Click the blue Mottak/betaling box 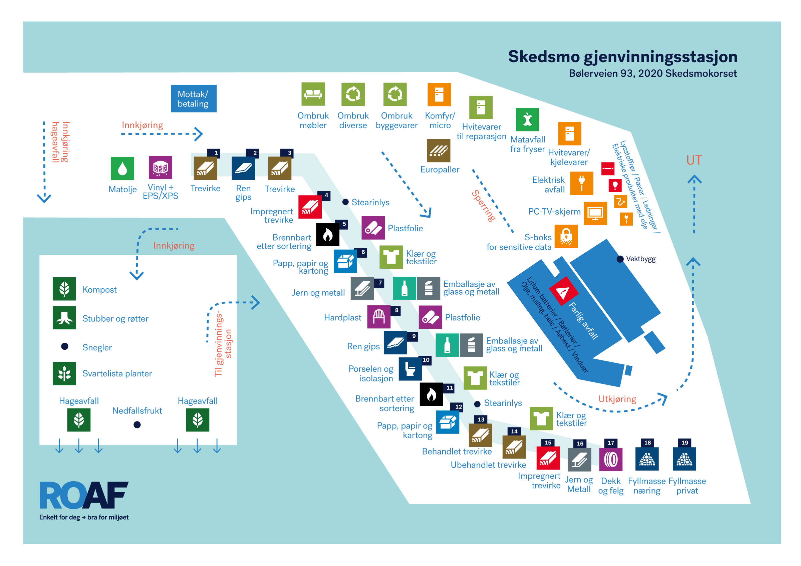point(193,98)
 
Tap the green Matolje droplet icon point(122,169)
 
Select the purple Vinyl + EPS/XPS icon point(161,168)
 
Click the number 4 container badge point(326,195)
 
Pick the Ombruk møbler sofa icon point(313,94)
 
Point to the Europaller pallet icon point(439,151)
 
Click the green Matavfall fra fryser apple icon point(527,119)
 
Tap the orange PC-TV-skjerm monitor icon point(595,213)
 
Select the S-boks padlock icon point(566,236)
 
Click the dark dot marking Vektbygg point(620,259)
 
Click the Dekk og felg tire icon point(610,459)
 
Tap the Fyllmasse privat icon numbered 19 point(684,459)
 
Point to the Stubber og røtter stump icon point(64,318)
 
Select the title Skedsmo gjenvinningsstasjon point(622,56)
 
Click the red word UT point(694,161)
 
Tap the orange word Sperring point(483,206)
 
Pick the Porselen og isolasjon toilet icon point(410,369)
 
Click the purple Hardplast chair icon point(378,317)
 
